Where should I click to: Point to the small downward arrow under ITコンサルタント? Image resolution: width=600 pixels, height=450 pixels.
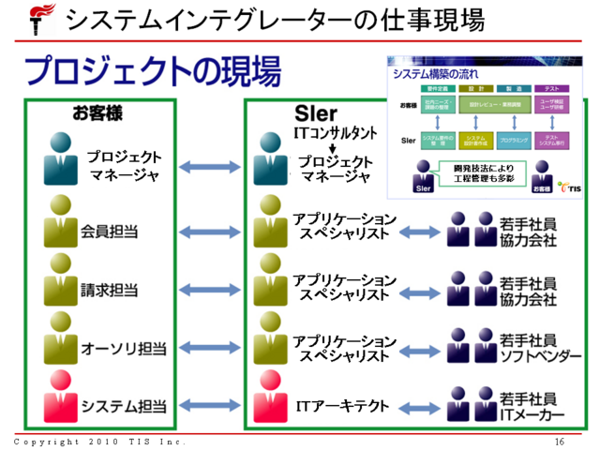(x=334, y=148)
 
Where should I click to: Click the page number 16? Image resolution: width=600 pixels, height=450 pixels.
(x=560, y=441)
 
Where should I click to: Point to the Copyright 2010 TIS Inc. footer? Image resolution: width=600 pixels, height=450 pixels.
(x=99, y=441)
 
